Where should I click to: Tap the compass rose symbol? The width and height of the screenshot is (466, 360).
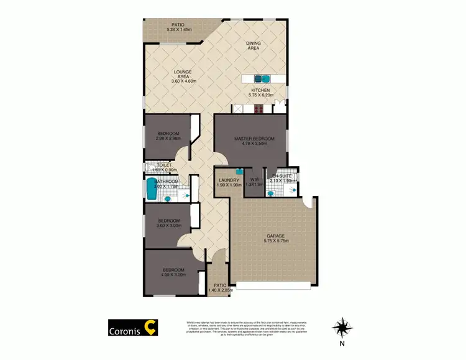(x=341, y=326)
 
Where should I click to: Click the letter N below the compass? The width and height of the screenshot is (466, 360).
(x=341, y=343)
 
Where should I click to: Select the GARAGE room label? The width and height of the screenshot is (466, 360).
(x=275, y=236)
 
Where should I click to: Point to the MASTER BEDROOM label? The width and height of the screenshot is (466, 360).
(x=250, y=138)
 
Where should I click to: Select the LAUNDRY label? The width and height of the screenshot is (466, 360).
(x=229, y=180)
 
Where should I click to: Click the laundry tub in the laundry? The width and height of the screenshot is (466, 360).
(x=238, y=171)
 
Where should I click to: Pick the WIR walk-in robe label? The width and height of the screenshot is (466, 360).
(x=251, y=180)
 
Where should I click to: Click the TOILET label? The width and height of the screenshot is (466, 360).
(x=164, y=165)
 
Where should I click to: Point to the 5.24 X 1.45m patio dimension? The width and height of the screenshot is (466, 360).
(x=179, y=30)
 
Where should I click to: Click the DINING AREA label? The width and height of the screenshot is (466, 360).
(x=253, y=45)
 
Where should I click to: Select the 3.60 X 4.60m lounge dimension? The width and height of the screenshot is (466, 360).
(x=184, y=81)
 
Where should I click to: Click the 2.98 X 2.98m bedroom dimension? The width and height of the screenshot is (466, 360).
(x=168, y=139)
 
